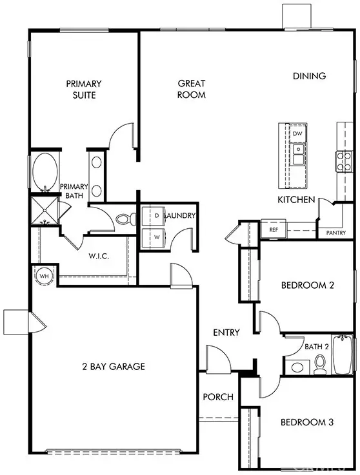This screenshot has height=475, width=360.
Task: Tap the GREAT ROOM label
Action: [x=192, y=89]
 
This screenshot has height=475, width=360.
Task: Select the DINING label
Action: [x=309, y=76]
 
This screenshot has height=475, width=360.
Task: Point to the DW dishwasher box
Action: [x=297, y=133]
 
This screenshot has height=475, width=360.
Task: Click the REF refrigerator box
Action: [x=273, y=229]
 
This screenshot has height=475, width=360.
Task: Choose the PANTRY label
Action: [x=336, y=233]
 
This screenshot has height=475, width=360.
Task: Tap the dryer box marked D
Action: [x=156, y=215]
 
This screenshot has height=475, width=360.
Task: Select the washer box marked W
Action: [x=156, y=236]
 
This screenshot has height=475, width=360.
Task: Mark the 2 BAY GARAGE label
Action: [x=114, y=366]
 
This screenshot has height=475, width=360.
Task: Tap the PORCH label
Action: [x=218, y=397]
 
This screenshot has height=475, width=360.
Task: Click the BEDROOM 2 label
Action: [x=307, y=286]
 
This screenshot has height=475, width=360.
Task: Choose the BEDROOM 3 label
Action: [x=307, y=423]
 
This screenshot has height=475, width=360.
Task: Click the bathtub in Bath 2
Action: [x=342, y=355]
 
